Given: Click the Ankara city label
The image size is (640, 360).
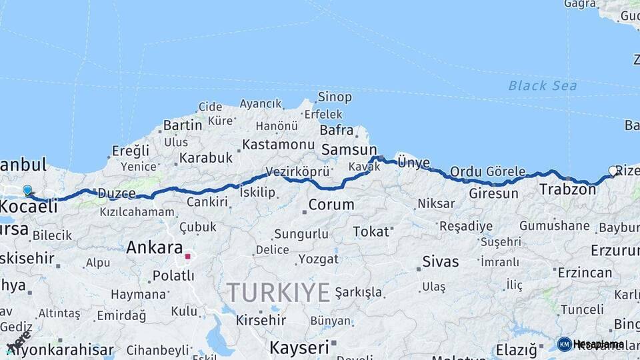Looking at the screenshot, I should (154, 247).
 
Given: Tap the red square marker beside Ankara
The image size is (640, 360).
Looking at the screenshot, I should (188, 255).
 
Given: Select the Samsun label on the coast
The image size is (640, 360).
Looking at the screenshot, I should (349, 150).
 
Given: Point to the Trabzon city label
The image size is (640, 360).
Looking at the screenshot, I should (567, 189).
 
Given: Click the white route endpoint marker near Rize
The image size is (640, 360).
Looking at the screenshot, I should (613, 171).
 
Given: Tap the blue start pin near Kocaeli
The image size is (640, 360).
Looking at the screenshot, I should (27, 191).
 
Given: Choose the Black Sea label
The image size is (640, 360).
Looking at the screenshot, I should (543, 85).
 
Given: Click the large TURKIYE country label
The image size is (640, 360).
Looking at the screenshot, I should (278, 292).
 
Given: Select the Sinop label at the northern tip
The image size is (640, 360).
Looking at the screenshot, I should (335, 97).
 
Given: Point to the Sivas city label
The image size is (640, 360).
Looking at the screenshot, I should (441, 262).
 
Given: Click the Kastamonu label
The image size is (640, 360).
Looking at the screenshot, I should (278, 144).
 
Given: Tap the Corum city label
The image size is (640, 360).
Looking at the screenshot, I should (331, 204).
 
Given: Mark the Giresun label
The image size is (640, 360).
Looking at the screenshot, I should (493, 193).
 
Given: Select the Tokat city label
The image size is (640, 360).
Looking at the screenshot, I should (371, 231).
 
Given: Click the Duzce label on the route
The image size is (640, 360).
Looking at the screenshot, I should (117, 193).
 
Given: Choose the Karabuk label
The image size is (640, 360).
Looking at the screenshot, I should (205, 158).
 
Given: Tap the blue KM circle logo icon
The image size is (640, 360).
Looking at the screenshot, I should (564, 344).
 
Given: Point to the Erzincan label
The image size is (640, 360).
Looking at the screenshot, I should (585, 272).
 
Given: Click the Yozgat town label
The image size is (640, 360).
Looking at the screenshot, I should (318, 258).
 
